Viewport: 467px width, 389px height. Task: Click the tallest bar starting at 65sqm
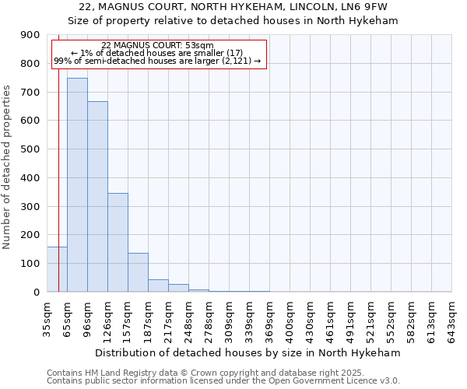[77, 185]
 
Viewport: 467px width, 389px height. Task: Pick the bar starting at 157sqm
[138, 272]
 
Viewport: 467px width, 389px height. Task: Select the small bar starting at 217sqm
[178, 288]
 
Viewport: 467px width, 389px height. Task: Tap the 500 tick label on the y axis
[30, 149]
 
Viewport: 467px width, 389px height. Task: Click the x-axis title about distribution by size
[249, 352]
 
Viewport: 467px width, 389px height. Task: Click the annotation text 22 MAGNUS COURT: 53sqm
[158, 46]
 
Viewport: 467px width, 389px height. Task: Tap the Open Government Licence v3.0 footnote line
[223, 381]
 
